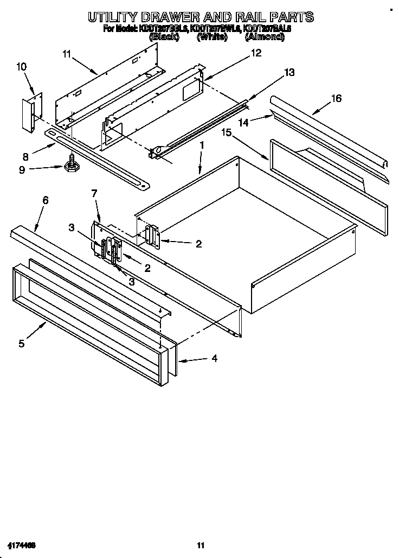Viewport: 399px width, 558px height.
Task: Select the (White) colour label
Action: coord(211,37)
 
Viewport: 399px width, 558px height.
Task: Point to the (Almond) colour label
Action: coord(264,37)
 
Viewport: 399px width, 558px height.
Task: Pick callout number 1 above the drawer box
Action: coord(201,145)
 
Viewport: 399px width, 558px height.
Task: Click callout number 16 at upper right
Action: coord(336,98)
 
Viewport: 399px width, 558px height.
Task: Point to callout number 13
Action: coord(289,72)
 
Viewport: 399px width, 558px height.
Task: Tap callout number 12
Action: coord(255,53)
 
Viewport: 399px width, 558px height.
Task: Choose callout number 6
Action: coord(45,200)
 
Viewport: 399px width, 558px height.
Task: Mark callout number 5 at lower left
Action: coord(21,343)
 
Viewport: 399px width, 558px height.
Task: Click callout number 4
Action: coord(214,358)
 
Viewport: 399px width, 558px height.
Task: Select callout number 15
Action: coord(227,132)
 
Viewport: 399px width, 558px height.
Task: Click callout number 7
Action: coord(94,193)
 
